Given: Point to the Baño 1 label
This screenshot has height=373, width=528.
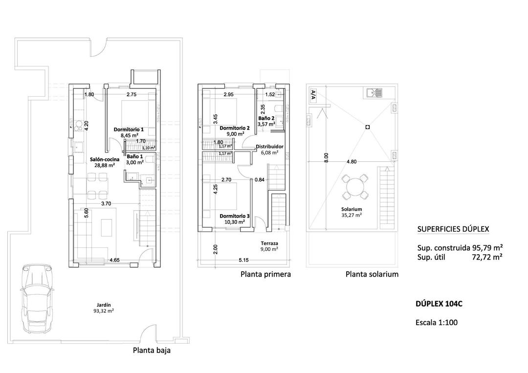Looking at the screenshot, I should point(134,157).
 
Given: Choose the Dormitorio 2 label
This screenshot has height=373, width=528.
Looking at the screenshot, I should point(235,128).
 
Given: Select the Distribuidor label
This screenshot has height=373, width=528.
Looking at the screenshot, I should point(269,146).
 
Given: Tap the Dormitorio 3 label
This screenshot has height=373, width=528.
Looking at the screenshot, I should point(234,215).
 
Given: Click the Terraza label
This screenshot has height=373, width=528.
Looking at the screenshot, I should point(269,243).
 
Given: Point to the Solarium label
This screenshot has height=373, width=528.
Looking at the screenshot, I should point(352,209).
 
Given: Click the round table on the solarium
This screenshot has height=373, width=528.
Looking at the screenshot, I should point(355,187).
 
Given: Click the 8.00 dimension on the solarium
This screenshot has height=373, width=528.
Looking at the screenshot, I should point(327,157).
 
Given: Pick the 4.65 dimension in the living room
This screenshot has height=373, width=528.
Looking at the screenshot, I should point(115,260).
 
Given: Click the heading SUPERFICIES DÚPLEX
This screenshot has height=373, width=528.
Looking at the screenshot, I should point(453,229).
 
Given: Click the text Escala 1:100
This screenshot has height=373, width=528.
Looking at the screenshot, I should point(437,322).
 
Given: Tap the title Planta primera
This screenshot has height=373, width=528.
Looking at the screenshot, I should point(265,274).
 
